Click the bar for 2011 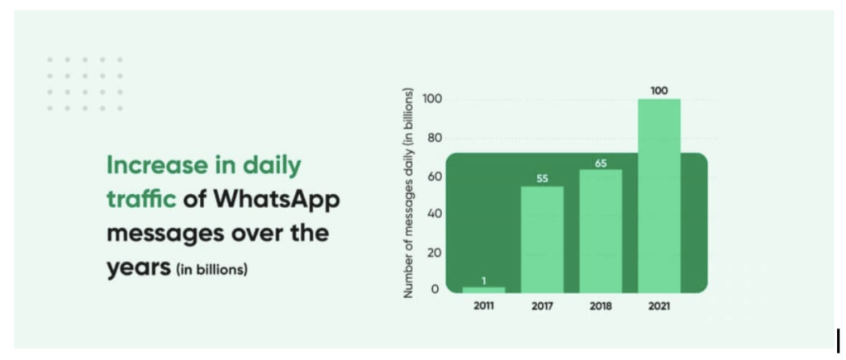click(483, 290)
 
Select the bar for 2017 click(542, 239)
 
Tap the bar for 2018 click(601, 232)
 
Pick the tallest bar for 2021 click(658, 197)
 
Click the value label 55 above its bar click(542, 179)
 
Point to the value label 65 click(601, 163)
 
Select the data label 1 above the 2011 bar click(484, 280)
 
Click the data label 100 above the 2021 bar click(658, 91)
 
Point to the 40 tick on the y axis click(435, 214)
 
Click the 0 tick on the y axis click(435, 289)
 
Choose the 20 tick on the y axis click(435, 252)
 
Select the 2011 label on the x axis click(483, 306)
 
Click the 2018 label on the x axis click(601, 306)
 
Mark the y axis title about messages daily click(408, 193)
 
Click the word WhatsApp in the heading click(277, 201)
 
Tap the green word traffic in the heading click(142, 199)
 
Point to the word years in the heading click(139, 268)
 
